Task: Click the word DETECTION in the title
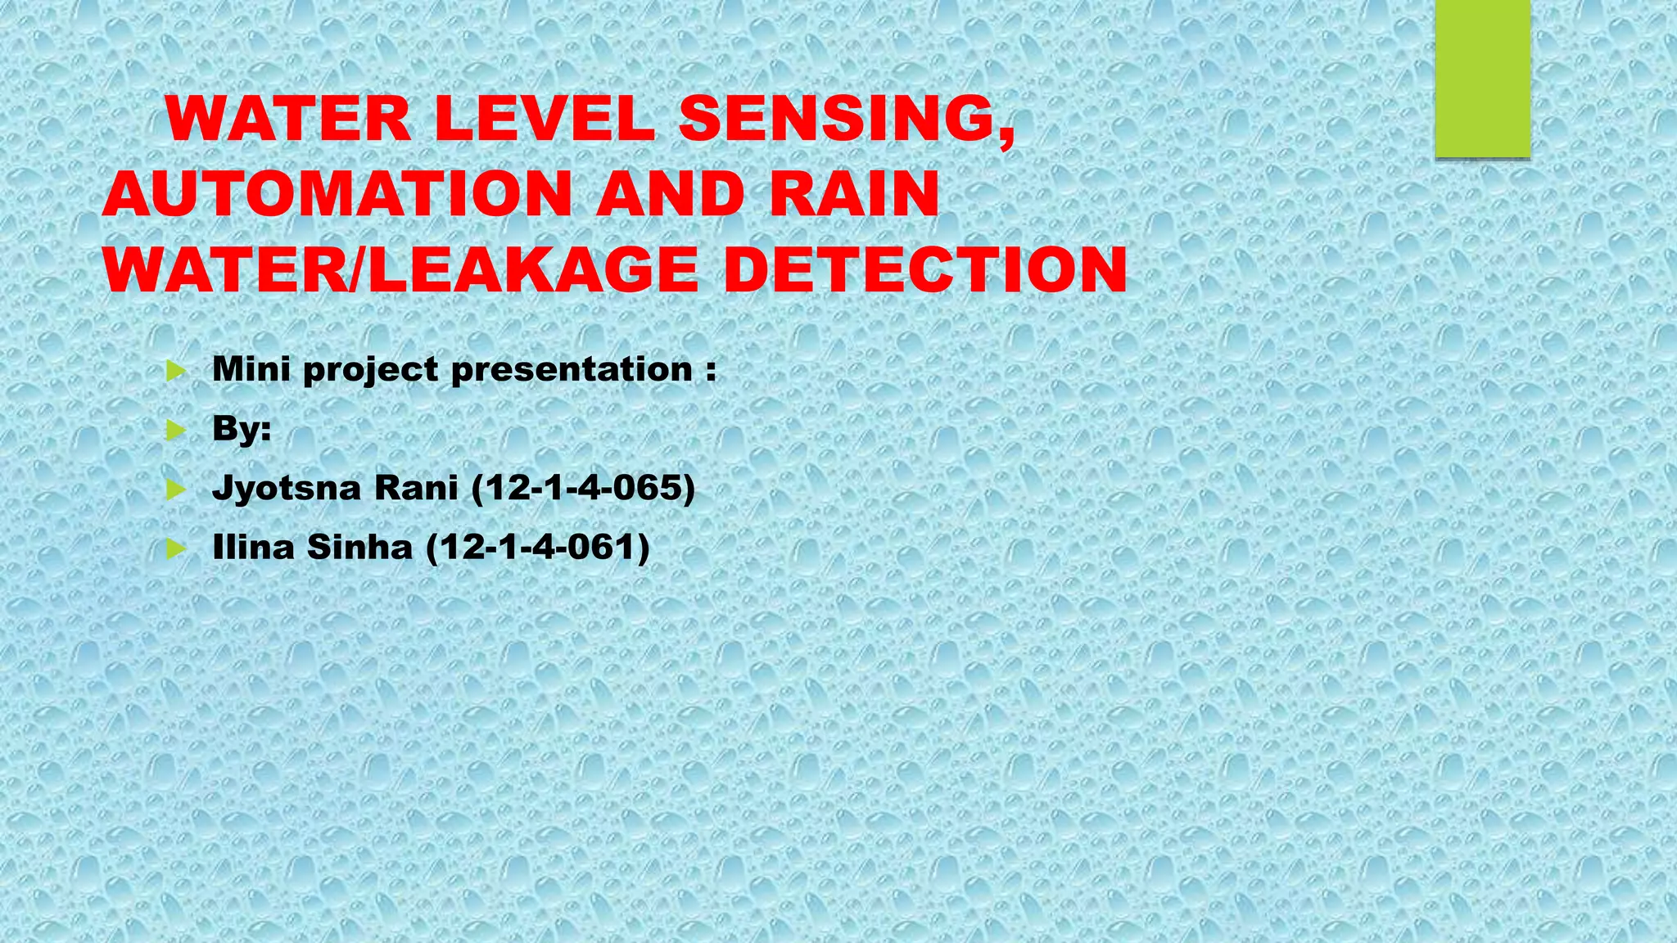925,270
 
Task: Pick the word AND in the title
669,195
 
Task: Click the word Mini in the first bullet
251,369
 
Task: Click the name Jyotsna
287,489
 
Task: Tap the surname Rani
416,488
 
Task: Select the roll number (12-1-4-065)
583,489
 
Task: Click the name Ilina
253,547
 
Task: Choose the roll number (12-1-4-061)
538,548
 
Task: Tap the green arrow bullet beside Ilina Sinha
175,549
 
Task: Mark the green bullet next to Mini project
175,372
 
